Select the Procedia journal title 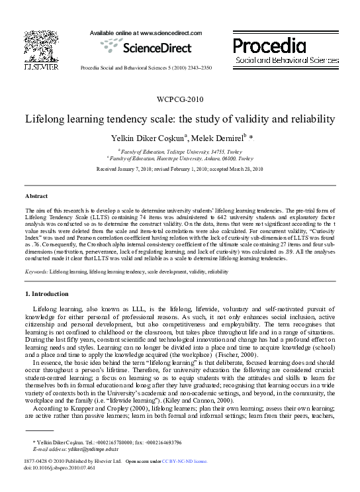click(269, 46)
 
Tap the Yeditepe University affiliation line click(180, 152)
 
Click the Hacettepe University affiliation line click(180, 160)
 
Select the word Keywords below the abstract click(36, 271)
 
